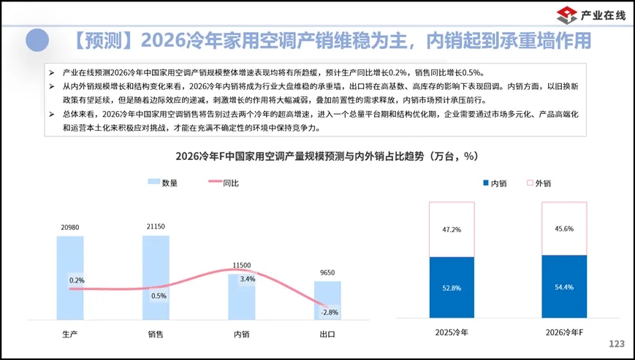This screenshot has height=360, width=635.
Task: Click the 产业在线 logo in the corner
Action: tap(590, 14)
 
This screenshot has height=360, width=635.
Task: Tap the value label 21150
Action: tap(156, 226)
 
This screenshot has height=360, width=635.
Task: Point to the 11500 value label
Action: tap(242, 265)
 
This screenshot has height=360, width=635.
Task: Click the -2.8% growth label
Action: tap(330, 313)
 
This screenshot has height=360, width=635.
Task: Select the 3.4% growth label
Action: tap(247, 279)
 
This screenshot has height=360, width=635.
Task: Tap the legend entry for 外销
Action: tap(537, 183)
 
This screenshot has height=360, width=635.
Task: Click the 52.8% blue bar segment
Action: tap(452, 288)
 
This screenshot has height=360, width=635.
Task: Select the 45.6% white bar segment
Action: tap(564, 229)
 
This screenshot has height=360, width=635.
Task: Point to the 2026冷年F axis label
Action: tap(564, 333)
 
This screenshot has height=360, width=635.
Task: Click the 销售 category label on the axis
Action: tap(156, 334)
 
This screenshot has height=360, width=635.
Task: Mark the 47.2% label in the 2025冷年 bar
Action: tap(452, 229)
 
